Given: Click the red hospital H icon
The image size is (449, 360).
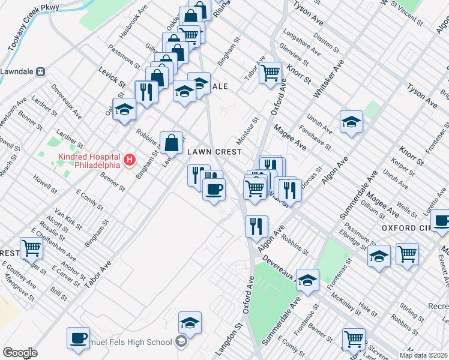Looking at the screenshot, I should (x=129, y=161).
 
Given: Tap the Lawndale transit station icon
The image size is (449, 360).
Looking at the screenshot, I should (x=40, y=71).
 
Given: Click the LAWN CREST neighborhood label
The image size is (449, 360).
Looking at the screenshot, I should (x=215, y=152).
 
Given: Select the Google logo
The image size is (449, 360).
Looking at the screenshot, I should (x=20, y=353).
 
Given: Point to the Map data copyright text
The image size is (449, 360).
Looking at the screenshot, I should (x=424, y=355).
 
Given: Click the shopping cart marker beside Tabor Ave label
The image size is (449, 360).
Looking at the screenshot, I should (x=271, y=73).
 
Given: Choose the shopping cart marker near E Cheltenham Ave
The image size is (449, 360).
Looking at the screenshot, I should (x=31, y=247).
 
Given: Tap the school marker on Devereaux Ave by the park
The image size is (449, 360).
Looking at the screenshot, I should (x=307, y=280).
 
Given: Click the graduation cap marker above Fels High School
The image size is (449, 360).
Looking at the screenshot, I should (x=190, y=323).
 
